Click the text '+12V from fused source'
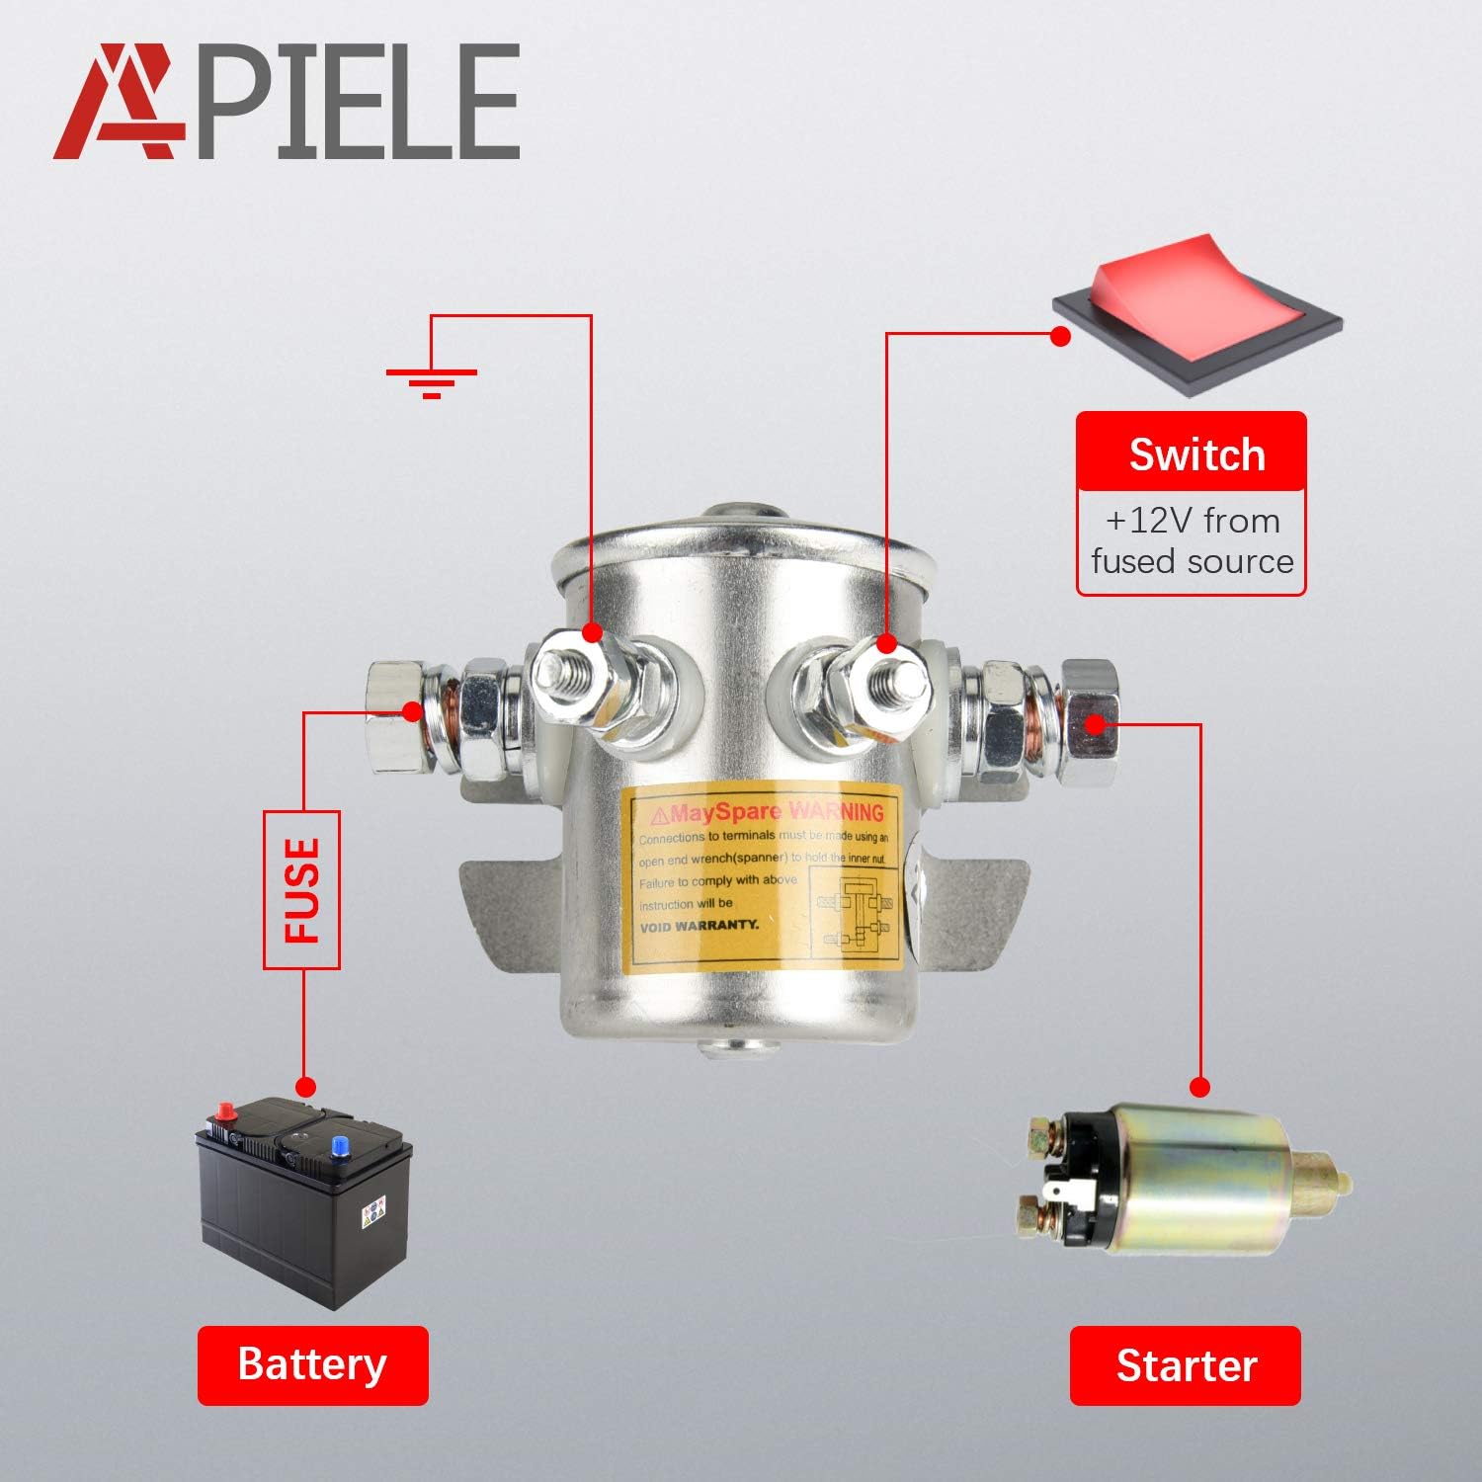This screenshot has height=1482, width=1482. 1192,541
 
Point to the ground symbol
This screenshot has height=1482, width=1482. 431,380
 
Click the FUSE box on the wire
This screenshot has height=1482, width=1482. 302,889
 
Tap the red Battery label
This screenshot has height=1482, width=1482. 312,1365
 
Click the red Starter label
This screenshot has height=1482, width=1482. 1186,1365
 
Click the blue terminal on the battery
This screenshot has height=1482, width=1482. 340,1146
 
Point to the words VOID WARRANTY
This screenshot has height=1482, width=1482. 700,926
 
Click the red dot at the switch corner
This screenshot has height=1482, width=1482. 1060,336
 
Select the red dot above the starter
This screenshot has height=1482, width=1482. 1199,1088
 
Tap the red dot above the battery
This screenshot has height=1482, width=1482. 305,1087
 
